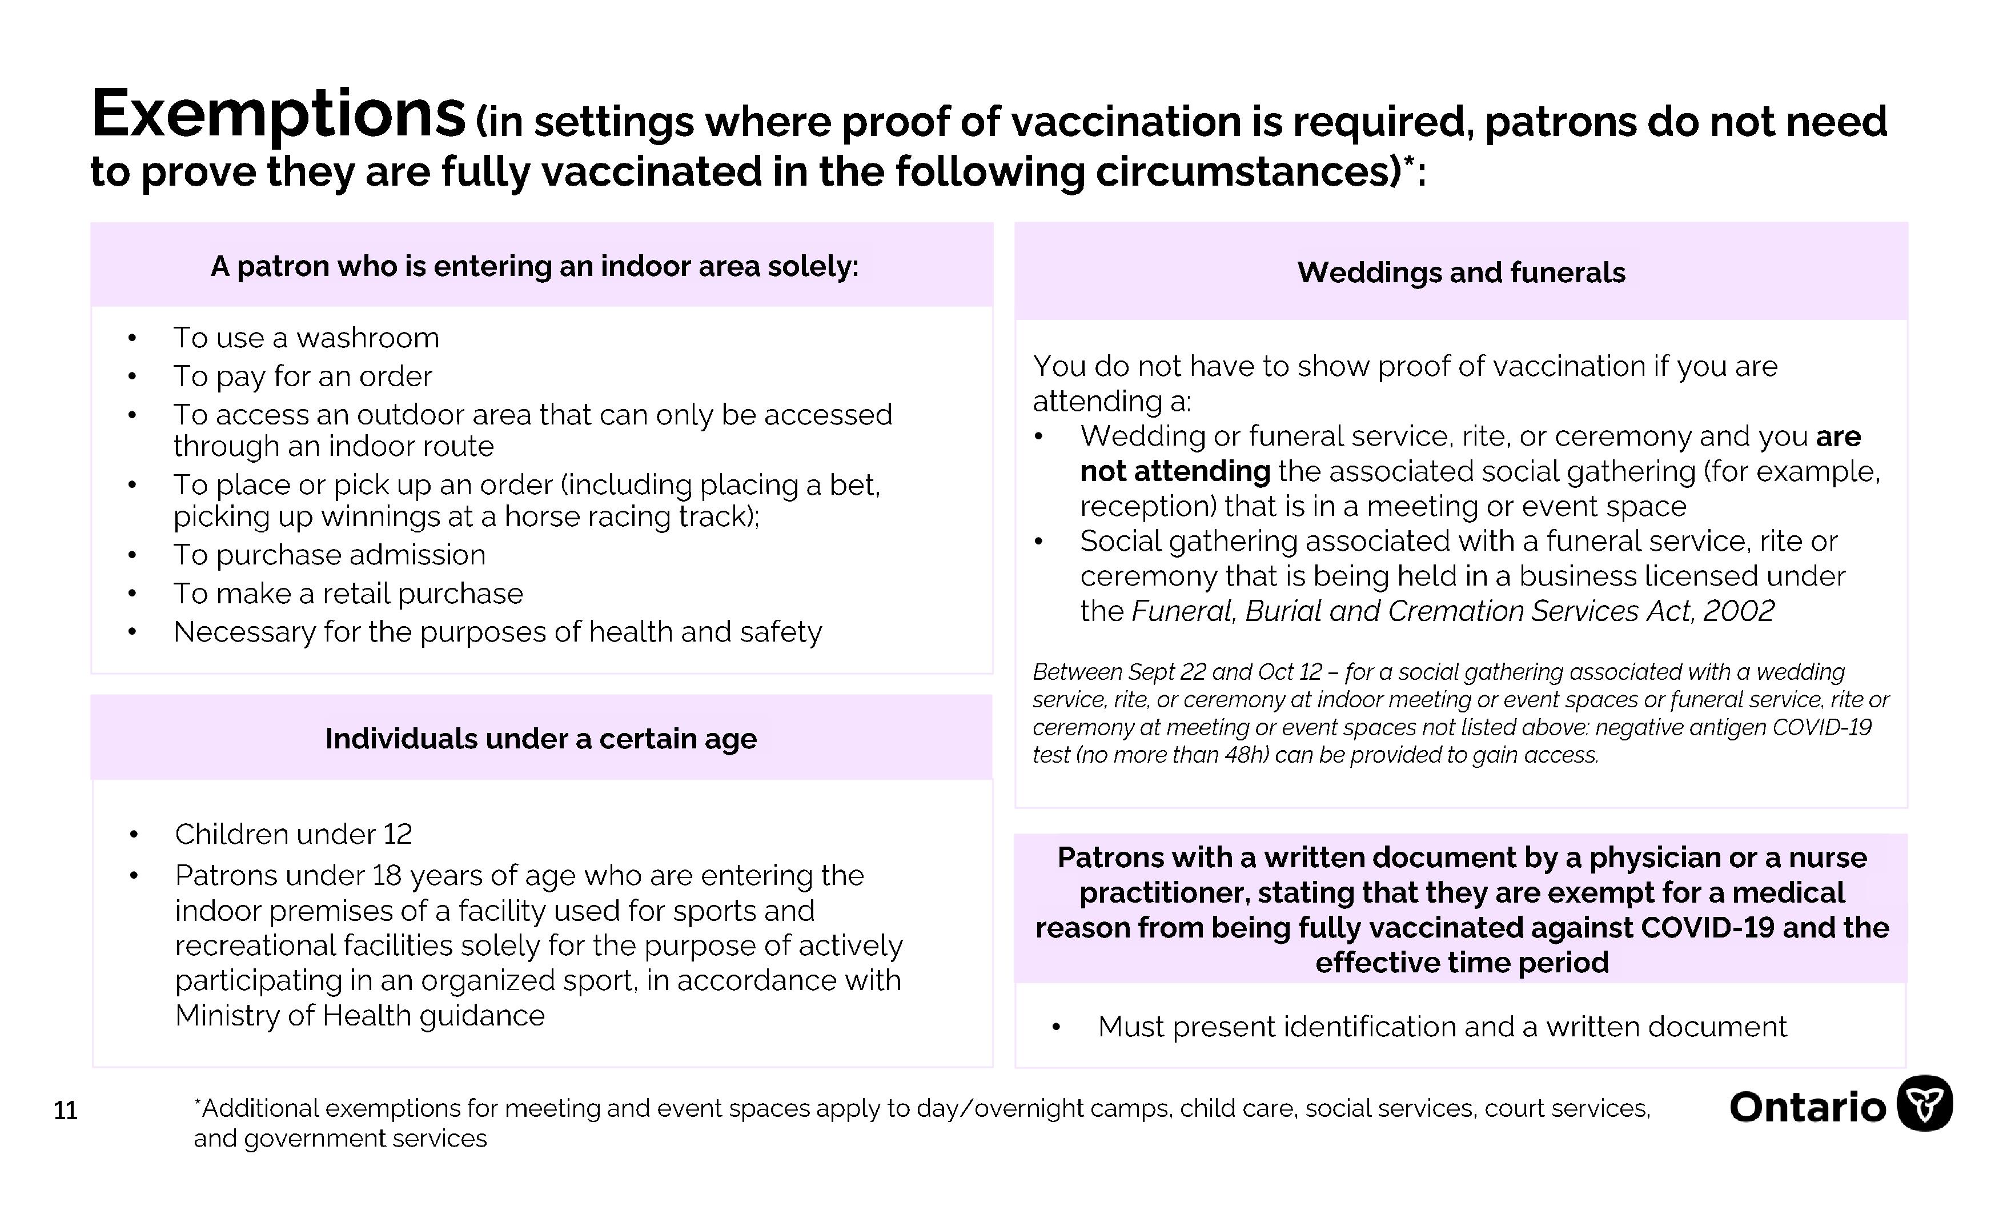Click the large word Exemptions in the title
click(x=278, y=115)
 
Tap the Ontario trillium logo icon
click(x=1924, y=1104)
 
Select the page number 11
click(x=65, y=1110)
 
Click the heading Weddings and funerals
click(x=1461, y=273)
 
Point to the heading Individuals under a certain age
click(x=540, y=739)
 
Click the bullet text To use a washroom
click(x=306, y=338)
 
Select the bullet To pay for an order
click(x=303, y=376)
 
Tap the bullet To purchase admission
click(x=330, y=555)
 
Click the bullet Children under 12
click(x=293, y=834)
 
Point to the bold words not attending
click(x=1175, y=471)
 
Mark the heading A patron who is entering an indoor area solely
click(x=535, y=266)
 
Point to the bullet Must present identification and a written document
click(x=1442, y=1027)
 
